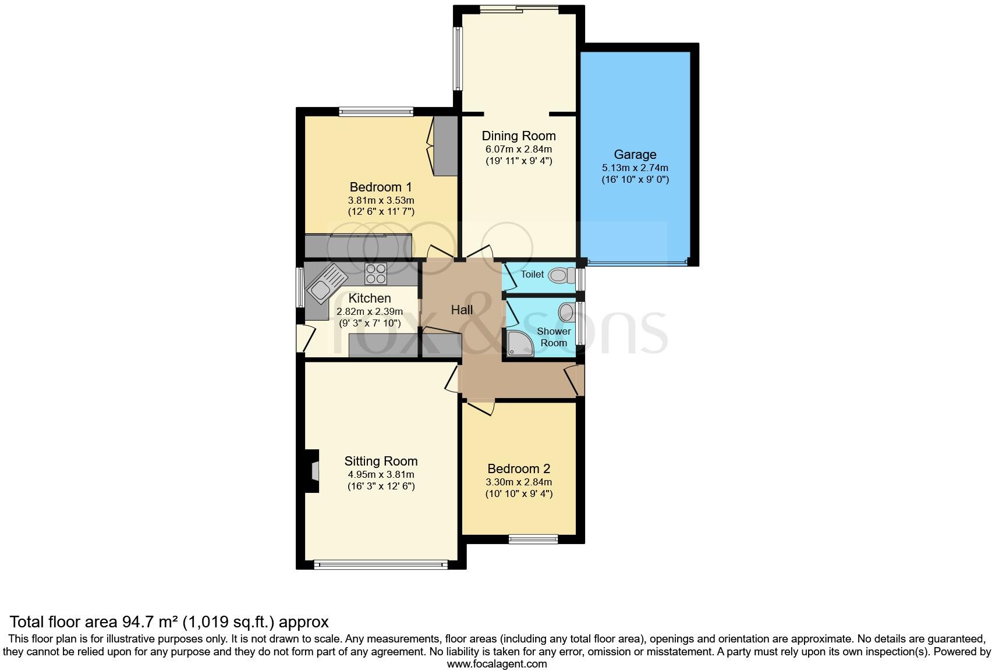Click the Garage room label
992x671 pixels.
click(x=635, y=155)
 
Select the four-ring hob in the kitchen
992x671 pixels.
click(x=375, y=274)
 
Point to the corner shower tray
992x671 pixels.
click(x=519, y=344)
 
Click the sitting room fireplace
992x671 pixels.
click(x=312, y=472)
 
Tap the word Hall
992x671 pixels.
click(x=462, y=310)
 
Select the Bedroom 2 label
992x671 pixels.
click(x=519, y=469)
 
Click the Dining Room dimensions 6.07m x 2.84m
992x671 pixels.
click(x=518, y=149)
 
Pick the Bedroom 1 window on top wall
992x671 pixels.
click(x=376, y=111)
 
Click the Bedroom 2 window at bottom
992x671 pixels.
click(x=533, y=539)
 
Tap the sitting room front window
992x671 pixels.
click(x=381, y=564)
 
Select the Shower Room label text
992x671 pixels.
click(x=554, y=337)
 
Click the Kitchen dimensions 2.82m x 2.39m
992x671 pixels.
click(x=370, y=311)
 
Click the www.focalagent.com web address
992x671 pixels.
click(x=497, y=663)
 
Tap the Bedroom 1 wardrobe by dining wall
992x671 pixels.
click(x=445, y=145)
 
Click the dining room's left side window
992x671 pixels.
click(x=458, y=58)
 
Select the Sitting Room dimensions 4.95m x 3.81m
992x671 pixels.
click(x=381, y=474)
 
